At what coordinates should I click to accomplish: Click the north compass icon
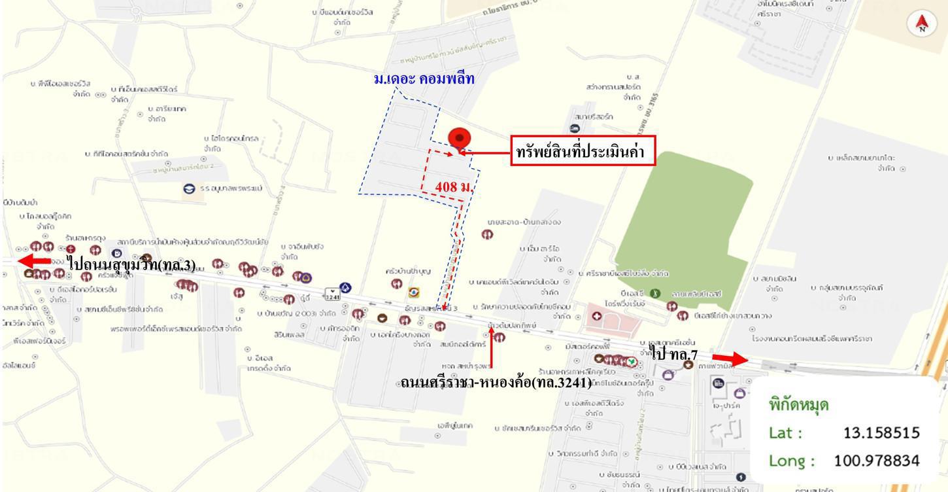click(922, 24)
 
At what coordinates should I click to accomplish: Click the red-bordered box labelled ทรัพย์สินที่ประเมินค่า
click(583, 152)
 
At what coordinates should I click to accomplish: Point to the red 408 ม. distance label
click(454, 186)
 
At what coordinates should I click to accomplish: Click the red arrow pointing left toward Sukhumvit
click(35, 260)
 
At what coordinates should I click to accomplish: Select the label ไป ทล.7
click(675, 354)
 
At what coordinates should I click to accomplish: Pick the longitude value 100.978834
click(876, 461)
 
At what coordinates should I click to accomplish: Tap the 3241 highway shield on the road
click(333, 292)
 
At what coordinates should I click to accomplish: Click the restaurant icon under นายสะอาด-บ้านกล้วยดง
click(488, 234)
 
